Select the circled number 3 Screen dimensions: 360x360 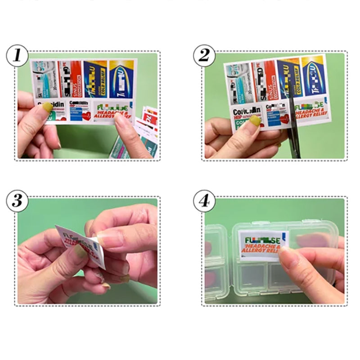click(17, 201)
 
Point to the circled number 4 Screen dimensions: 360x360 click(204, 201)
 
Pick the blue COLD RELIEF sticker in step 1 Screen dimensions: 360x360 click(95, 78)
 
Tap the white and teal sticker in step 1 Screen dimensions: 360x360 click(44, 80)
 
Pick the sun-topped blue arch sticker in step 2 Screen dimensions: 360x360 click(314, 76)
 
